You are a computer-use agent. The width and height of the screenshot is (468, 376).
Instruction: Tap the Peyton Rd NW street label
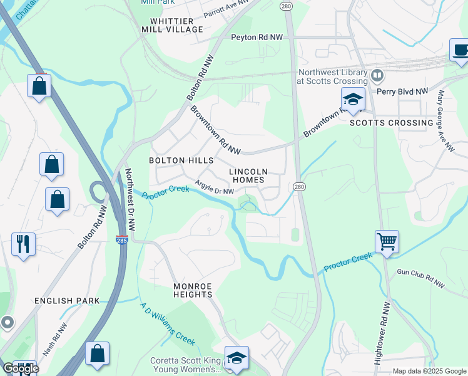tap(257, 38)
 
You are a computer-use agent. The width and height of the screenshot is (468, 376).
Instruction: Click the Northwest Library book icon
tap(377, 76)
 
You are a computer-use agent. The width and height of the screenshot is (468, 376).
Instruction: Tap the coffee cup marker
tap(460, 50)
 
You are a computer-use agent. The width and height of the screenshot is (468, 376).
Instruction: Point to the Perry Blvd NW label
tap(402, 91)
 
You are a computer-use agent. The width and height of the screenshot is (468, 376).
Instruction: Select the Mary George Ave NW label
tap(445, 121)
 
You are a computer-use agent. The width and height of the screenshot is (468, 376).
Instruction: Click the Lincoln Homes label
tap(248, 175)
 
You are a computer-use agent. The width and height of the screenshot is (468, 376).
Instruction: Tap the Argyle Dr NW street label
tap(215, 187)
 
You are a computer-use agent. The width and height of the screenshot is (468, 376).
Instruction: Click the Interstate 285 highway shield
tap(122, 240)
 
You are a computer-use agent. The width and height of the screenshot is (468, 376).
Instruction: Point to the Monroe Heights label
tap(193, 290)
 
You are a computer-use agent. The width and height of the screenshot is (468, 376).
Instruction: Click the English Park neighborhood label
tap(68, 301)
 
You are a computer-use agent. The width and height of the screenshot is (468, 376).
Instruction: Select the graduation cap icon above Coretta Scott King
tap(237, 358)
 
